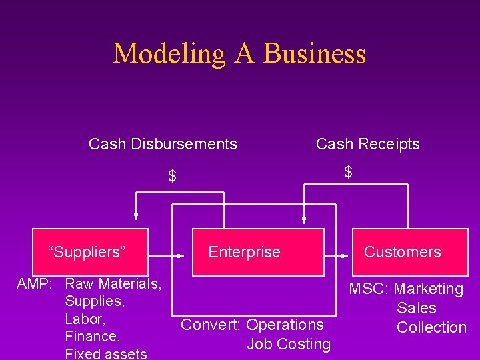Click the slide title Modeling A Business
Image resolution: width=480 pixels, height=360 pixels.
pyautogui.click(x=239, y=53)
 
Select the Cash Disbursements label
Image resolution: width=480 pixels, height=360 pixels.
pyautogui.click(x=163, y=144)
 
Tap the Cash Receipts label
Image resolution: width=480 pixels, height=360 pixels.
pyautogui.click(x=367, y=144)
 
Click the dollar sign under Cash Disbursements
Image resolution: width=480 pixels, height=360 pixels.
pyautogui.click(x=172, y=177)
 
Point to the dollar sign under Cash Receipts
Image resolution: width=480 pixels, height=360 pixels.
pyautogui.click(x=348, y=172)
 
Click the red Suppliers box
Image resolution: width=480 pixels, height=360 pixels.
pyautogui.click(x=87, y=252)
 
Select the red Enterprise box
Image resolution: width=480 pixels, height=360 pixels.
pyautogui.click(x=258, y=252)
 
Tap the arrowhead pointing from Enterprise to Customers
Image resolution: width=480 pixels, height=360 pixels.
pyautogui.click(x=345, y=255)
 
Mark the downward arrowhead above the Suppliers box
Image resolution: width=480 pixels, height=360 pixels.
pyautogui.click(x=136, y=215)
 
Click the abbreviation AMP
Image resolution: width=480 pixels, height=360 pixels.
pyautogui.click(x=34, y=284)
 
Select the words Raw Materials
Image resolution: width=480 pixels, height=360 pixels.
pyautogui.click(x=113, y=284)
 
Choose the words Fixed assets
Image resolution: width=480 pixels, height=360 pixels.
pyautogui.click(x=105, y=353)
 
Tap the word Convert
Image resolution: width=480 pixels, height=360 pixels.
pyautogui.click(x=211, y=325)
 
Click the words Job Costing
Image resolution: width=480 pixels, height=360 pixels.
pyautogui.click(x=289, y=344)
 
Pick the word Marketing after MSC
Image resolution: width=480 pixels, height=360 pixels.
pyautogui.click(x=428, y=289)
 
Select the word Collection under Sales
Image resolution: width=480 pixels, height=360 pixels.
pyautogui.click(x=431, y=327)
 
